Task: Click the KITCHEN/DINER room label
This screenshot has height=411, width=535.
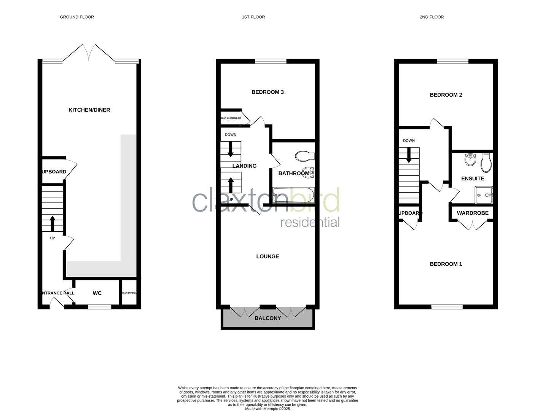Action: [x=89, y=110]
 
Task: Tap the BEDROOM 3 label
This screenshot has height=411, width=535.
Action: [x=267, y=92]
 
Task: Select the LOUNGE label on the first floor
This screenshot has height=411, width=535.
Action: [x=267, y=256]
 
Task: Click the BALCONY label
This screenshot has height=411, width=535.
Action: [x=267, y=318]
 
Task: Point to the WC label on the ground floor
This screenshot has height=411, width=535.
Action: [x=97, y=293]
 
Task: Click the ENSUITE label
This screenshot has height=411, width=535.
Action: [x=473, y=178]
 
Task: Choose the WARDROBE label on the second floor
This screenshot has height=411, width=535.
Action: [x=473, y=213]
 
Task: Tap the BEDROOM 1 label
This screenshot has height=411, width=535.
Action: [x=446, y=264]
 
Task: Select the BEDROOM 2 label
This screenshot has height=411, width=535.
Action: [x=446, y=95]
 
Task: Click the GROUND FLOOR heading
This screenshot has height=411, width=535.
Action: [x=77, y=17]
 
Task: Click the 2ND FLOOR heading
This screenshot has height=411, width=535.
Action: [x=432, y=17]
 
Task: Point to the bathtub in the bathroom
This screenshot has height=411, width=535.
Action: [x=293, y=195]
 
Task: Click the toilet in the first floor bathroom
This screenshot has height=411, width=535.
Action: [x=304, y=156]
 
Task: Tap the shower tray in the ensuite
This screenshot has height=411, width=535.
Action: [x=484, y=195]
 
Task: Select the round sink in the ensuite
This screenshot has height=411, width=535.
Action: [x=471, y=159]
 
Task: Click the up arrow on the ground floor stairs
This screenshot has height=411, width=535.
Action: [x=52, y=223]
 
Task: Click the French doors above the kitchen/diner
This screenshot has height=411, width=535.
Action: [x=89, y=53]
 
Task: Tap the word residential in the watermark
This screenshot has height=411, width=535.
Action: [x=310, y=222]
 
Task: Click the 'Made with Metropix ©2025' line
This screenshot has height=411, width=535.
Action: [x=267, y=409]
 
